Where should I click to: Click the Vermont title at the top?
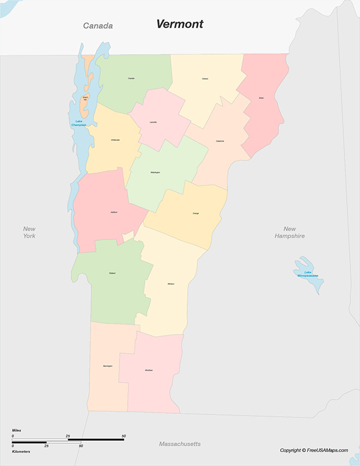(x=179, y=24)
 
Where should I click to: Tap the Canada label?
(x=98, y=26)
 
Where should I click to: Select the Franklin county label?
(x=131, y=79)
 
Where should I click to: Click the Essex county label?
(x=261, y=98)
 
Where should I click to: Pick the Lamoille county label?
(x=153, y=123)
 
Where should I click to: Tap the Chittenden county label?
(x=115, y=140)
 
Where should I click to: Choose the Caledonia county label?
(x=220, y=141)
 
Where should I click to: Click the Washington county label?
(x=155, y=172)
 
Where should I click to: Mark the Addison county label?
(x=114, y=212)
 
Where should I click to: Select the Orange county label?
(x=196, y=213)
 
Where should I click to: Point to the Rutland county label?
(x=112, y=273)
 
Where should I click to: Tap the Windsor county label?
(x=171, y=283)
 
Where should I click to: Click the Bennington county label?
(x=107, y=365)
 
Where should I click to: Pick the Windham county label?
(x=148, y=370)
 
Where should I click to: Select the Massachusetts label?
(x=179, y=444)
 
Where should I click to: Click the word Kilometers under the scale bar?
(x=21, y=451)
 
